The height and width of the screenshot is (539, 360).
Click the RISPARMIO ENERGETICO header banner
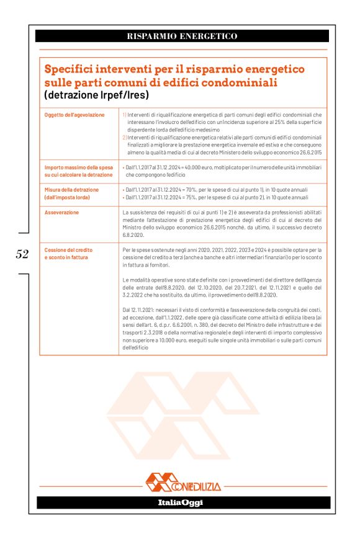point(182,37)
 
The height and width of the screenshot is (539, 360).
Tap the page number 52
point(22,254)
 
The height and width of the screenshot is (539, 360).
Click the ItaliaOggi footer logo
point(180,502)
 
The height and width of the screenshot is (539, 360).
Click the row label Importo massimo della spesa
point(78,167)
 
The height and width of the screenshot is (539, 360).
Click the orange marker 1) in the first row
point(124,115)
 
